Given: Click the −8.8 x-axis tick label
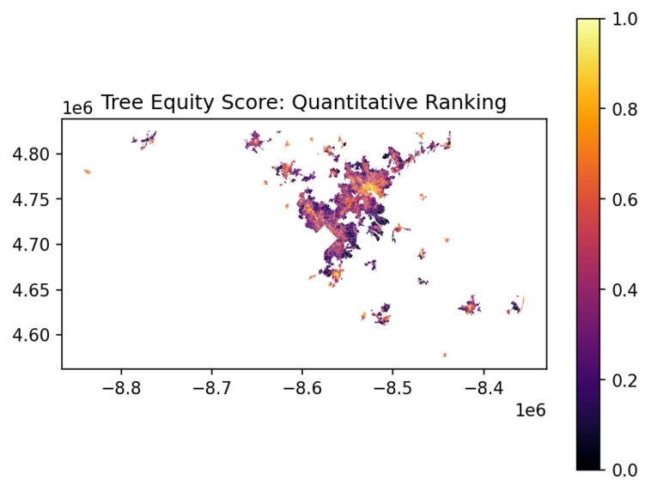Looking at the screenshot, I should coord(121,387).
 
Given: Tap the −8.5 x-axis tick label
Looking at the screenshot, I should coord(392,387).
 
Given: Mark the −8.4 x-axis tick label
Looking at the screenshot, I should coord(483,387).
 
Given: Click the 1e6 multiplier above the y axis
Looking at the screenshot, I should coord(77,108).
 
